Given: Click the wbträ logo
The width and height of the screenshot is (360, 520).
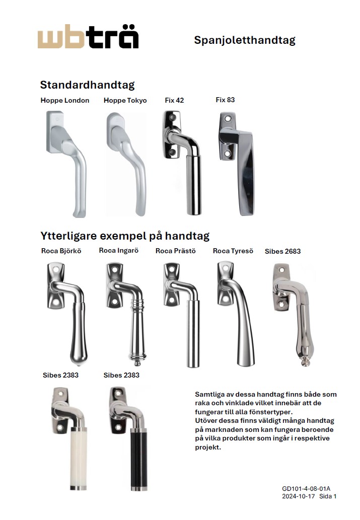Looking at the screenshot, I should pos(88,39).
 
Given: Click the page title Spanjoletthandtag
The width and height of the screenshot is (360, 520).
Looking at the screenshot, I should pos(244,40).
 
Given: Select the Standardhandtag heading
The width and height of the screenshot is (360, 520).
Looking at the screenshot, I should pos(87,85).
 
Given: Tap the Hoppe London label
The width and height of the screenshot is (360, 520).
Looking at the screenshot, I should pos(64,101).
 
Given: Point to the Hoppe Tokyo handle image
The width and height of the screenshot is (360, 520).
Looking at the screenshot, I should pos(126,164).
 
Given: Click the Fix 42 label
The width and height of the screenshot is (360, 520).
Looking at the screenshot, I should pos(174,101).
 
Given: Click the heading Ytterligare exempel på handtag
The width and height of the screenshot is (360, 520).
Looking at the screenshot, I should pos(124,236).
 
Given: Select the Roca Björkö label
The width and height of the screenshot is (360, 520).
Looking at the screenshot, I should pos(61,251).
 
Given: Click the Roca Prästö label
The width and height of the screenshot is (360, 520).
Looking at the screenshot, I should pos(175,251).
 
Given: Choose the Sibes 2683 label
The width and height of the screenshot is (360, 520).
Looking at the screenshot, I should pos(282,251).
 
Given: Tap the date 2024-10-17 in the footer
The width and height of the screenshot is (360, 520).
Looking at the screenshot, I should pos(297,496).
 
